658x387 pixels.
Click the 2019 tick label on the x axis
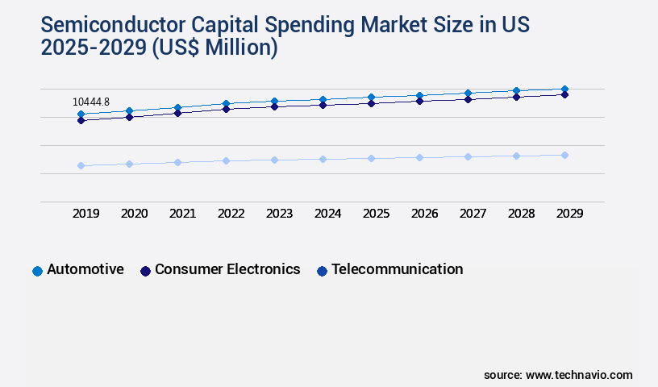coord(85,214)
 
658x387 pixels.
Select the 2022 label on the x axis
coord(231,214)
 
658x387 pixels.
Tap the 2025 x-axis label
coord(376,214)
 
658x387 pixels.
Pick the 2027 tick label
coord(473,214)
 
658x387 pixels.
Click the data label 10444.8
coord(91,102)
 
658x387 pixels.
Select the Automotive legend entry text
coord(85,269)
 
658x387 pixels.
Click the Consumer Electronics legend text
coord(227,269)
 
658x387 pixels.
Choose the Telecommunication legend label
coord(397,269)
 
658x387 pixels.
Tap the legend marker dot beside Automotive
coord(37,271)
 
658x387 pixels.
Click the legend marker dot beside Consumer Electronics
coord(145,271)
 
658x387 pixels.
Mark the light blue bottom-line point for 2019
coord(81,165)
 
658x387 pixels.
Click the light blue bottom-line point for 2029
coord(564,155)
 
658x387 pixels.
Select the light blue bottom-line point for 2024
coord(323,159)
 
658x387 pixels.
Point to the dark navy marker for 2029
coord(564,94)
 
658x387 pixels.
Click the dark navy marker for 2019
coord(81,120)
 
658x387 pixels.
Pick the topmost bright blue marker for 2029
coord(564,89)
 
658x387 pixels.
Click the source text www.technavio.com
coord(579,375)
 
